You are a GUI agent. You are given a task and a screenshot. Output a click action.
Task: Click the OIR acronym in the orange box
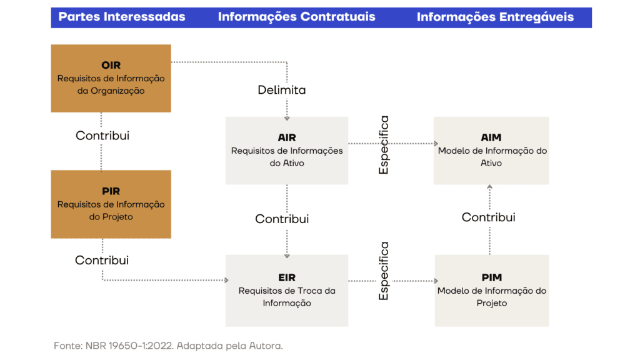click(111, 65)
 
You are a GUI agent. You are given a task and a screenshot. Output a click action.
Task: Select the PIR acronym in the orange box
click(111, 191)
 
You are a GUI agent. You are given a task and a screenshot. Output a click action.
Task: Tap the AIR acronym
click(287, 138)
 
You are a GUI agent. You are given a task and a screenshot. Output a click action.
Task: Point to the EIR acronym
click(287, 278)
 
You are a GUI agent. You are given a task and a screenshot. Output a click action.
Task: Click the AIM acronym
click(491, 138)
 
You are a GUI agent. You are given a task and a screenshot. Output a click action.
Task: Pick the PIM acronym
click(492, 278)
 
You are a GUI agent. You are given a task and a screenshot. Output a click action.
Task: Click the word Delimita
click(282, 90)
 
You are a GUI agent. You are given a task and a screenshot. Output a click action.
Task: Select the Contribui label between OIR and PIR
click(102, 136)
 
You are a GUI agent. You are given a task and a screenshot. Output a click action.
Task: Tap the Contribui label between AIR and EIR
click(282, 219)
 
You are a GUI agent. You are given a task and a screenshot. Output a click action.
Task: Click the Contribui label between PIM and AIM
click(489, 217)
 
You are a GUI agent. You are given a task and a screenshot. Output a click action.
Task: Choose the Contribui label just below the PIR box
click(102, 260)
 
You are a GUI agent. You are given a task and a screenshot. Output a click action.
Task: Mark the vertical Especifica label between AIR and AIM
click(384, 145)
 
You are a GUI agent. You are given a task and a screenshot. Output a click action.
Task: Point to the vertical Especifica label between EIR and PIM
click(384, 271)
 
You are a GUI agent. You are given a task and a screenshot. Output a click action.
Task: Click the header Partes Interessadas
click(122, 17)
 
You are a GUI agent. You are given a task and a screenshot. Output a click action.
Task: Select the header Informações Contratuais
click(297, 17)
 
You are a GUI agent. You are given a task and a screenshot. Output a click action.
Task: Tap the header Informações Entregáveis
click(495, 17)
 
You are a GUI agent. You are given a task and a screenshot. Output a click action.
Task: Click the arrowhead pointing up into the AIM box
click(490, 187)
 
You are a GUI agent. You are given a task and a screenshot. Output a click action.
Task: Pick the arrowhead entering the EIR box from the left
click(226, 280)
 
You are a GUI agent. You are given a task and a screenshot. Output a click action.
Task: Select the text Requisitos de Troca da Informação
click(287, 297)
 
